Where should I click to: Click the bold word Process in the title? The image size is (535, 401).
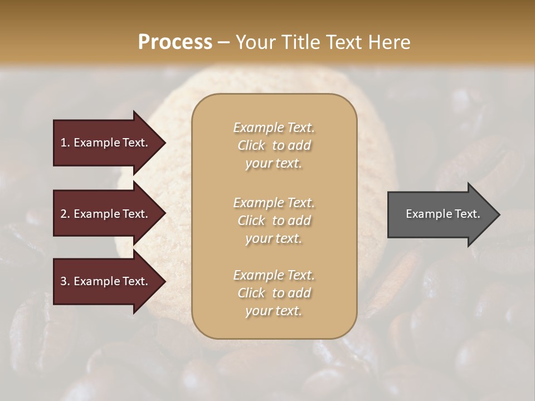[x=175, y=42]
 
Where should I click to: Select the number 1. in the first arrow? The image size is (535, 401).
[x=65, y=143]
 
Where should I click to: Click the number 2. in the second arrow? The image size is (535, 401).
[x=65, y=214]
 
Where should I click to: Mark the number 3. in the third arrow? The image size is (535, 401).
[x=65, y=282]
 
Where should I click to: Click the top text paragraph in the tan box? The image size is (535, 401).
[x=274, y=145]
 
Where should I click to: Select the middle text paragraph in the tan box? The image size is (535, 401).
[x=274, y=221]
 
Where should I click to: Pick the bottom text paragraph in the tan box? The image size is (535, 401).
[x=274, y=293]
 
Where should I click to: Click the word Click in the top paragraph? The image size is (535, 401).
[x=251, y=145]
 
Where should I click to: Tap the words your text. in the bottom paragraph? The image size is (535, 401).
[x=274, y=311]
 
